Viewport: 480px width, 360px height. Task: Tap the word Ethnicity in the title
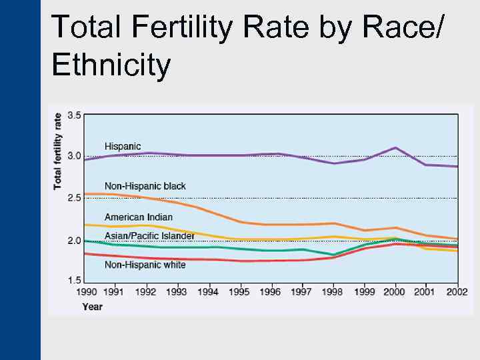coord(111,65)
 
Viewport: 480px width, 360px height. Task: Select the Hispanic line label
coord(123,147)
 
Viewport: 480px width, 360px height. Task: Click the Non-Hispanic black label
coord(145,186)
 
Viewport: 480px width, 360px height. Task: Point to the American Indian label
coord(138,217)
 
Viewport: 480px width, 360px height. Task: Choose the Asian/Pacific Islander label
coord(149,236)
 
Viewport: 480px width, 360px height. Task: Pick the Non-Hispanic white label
coord(145,265)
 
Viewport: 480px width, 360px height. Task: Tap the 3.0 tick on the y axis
coord(74,156)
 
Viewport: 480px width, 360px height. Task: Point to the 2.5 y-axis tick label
coord(74,198)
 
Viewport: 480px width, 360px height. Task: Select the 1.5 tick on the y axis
coord(74,281)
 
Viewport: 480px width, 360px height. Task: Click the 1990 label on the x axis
coord(86,292)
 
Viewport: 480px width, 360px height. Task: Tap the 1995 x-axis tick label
coord(239,292)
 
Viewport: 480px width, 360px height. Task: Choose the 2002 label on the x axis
coord(457,292)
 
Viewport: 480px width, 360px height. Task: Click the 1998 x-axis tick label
coord(333,292)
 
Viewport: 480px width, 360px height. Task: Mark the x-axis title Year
coord(92,307)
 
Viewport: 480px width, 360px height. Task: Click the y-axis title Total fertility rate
coord(58,151)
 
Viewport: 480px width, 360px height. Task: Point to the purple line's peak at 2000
coord(395,147)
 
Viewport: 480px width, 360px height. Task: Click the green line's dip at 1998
coord(333,255)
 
